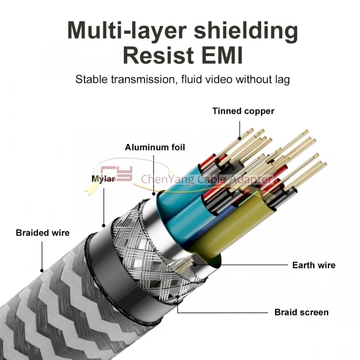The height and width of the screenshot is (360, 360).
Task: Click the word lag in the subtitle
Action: (x=282, y=79)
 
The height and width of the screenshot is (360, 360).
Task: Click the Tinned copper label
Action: (x=243, y=111)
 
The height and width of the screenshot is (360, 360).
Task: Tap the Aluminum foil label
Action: (x=155, y=148)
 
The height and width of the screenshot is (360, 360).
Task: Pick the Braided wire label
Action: (x=42, y=232)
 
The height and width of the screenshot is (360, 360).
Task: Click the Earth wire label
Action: (x=314, y=265)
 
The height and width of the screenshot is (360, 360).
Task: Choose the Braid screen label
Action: (x=301, y=312)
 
